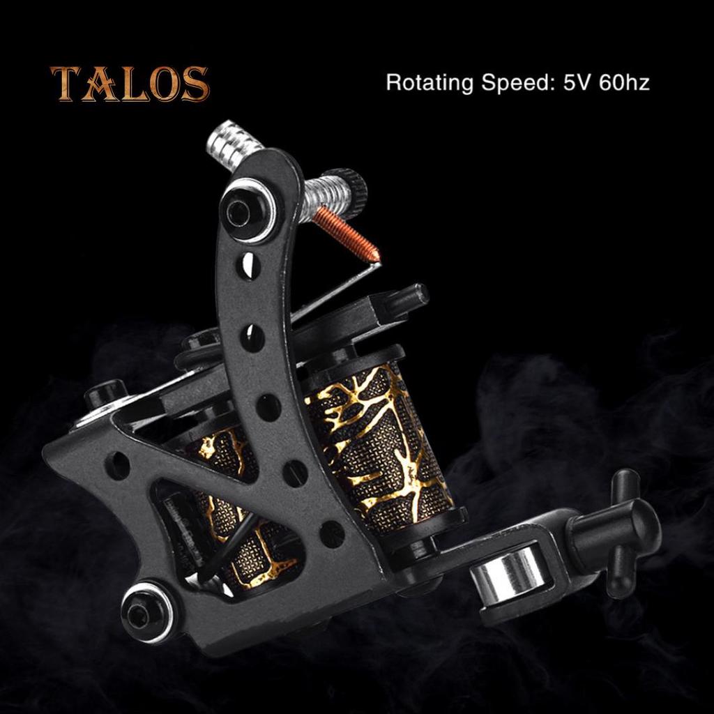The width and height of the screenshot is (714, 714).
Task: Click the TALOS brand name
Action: coord(130,84)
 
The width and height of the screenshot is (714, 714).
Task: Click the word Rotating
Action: coord(429,83)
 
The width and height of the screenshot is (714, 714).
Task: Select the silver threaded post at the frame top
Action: coord(234,146)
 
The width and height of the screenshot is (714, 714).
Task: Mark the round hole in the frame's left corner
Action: coord(117,465)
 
